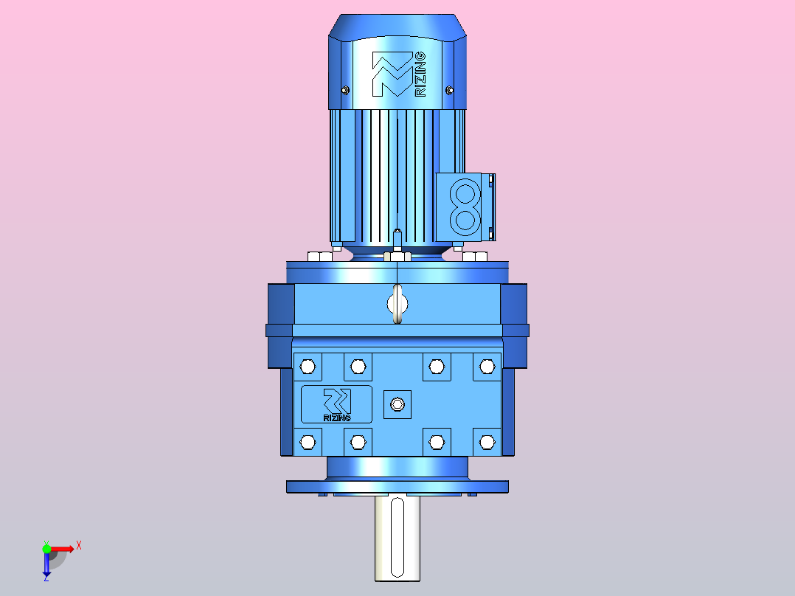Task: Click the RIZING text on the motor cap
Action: [x=420, y=74]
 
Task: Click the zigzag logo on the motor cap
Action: [x=392, y=74]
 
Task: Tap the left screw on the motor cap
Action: [x=345, y=90]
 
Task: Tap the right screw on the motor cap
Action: [x=449, y=90]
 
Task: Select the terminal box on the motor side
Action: [x=465, y=207]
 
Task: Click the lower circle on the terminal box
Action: [x=465, y=220]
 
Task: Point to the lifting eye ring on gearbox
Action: [x=397, y=304]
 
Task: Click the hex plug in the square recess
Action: [x=397, y=404]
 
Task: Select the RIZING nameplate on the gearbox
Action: [x=336, y=404]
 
